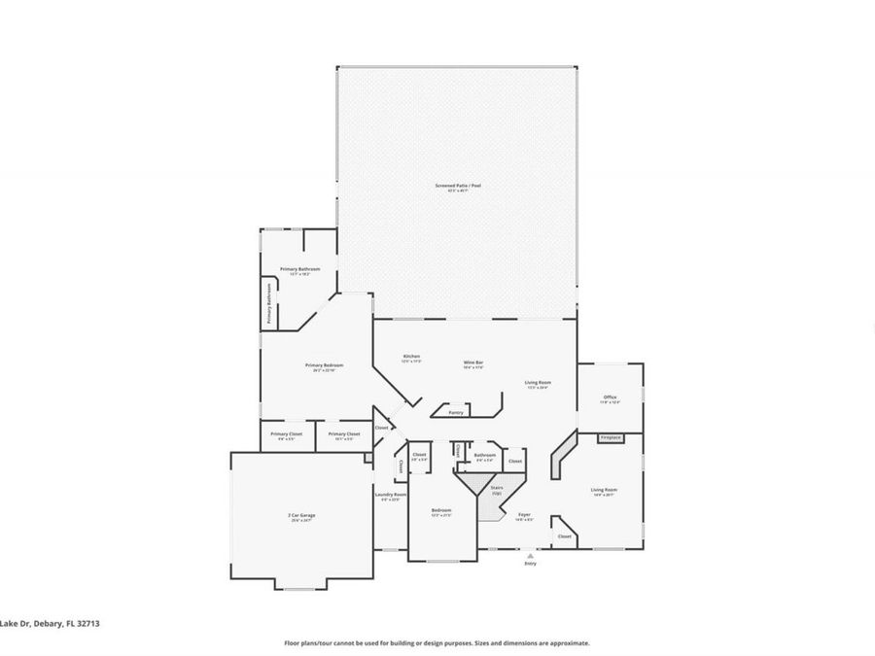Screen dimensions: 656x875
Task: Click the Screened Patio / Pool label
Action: point(457,186)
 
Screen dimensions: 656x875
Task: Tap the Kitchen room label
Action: point(411,357)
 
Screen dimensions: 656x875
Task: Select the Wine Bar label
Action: point(473,363)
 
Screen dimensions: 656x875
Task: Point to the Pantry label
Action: point(455,412)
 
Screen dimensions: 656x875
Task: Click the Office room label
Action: point(611,397)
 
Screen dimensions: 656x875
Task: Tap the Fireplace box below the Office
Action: point(610,438)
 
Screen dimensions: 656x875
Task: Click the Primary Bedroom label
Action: point(325,365)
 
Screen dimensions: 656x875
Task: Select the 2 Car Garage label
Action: point(301,515)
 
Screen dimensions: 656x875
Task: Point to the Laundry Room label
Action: point(390,496)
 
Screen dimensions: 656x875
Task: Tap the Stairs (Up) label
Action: point(496,490)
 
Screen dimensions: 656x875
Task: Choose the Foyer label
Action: point(523,514)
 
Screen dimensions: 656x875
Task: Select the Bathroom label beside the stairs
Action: point(484,455)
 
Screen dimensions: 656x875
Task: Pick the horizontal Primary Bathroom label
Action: point(300,269)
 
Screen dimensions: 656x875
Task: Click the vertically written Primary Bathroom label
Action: point(269,303)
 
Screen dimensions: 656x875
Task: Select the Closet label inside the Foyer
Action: point(564,535)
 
